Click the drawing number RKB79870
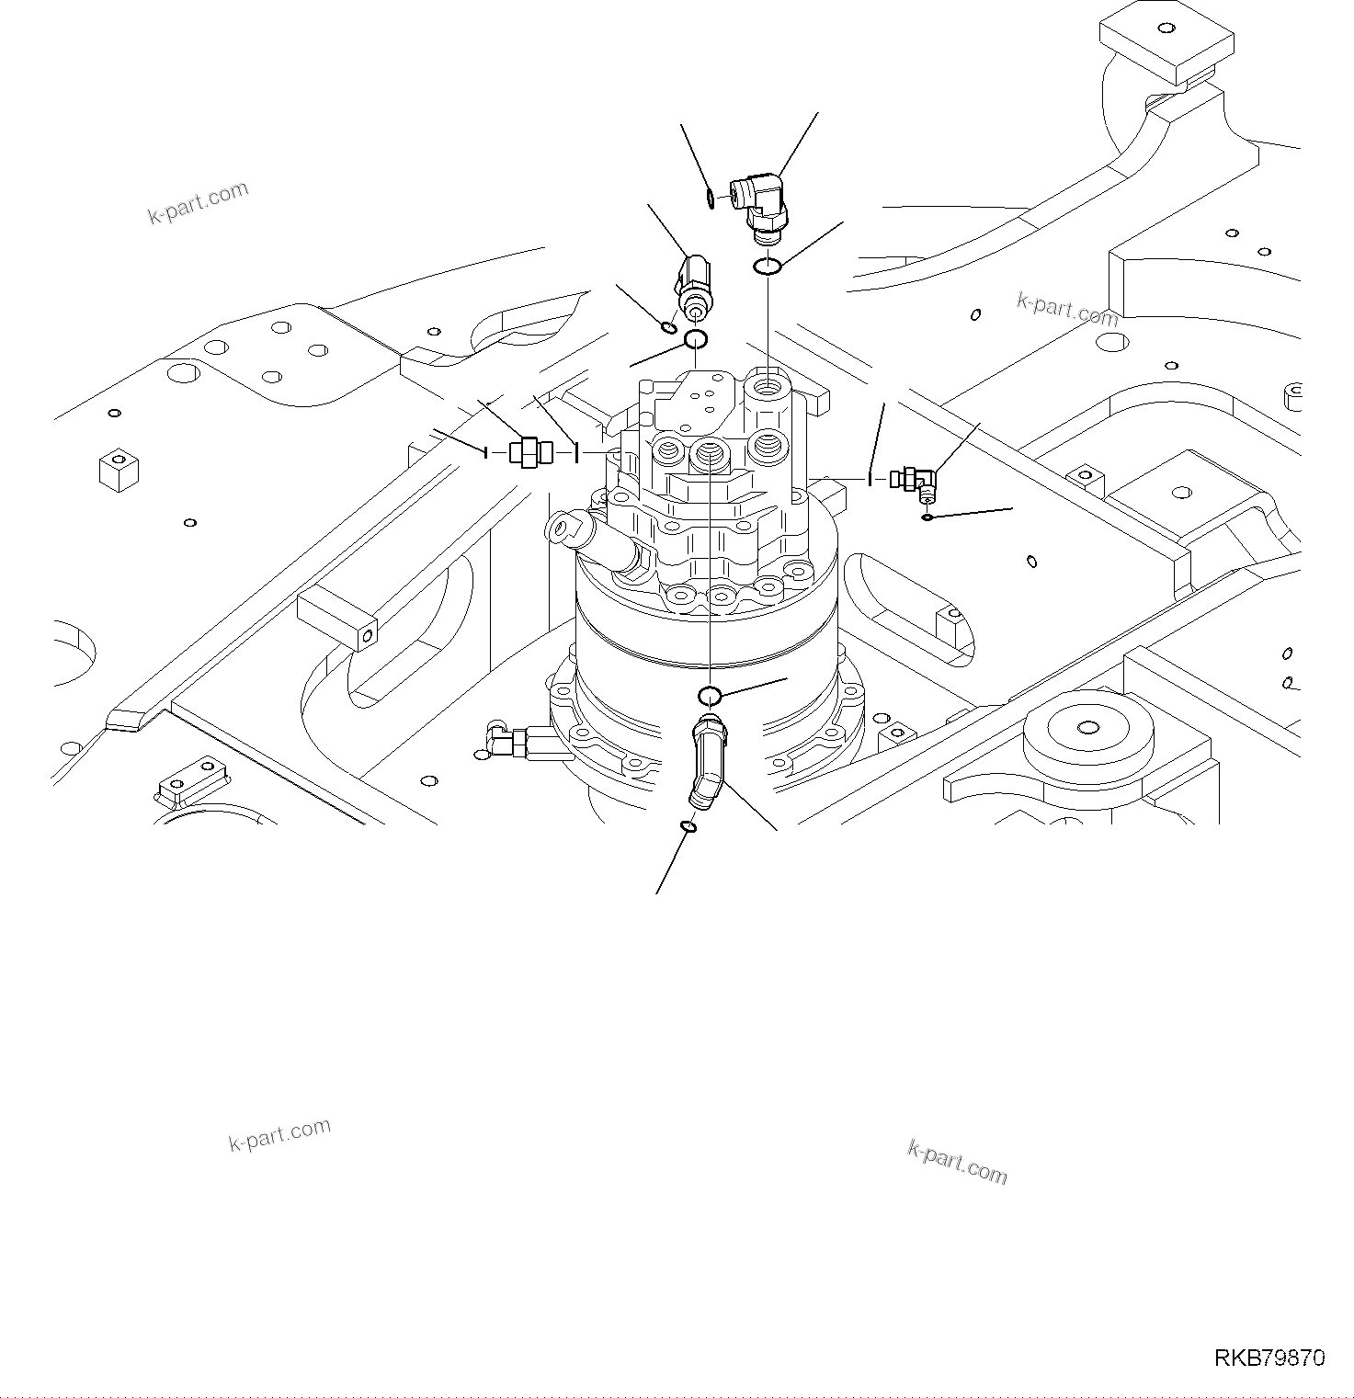(x=1269, y=1358)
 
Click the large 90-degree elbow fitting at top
(x=760, y=204)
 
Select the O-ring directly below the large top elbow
(x=768, y=267)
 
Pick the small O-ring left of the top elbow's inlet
(x=711, y=198)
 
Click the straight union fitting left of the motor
(x=530, y=451)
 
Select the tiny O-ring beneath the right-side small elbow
(x=927, y=517)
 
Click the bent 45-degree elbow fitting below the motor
(x=704, y=763)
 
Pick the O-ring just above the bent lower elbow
(x=710, y=694)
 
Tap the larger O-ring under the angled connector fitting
(x=695, y=341)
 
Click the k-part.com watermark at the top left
(x=198, y=202)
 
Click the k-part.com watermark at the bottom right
(x=957, y=1162)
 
